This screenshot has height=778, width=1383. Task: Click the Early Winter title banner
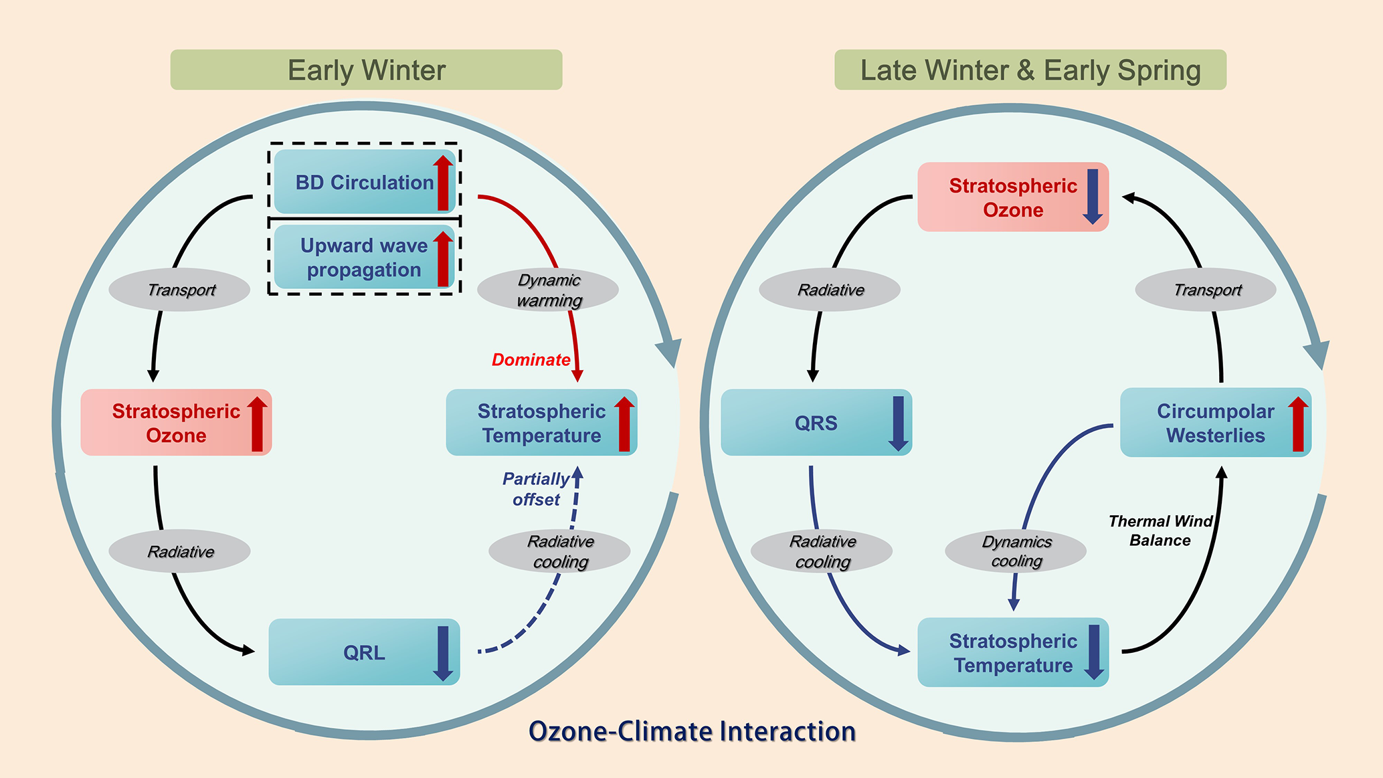coord(366,70)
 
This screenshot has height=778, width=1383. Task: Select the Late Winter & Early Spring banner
coord(1030,70)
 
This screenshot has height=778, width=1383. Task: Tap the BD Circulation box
coord(365,182)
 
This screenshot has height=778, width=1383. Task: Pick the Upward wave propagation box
coord(364,258)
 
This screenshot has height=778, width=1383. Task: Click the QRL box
coord(364,652)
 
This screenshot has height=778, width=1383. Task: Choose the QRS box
coord(816,423)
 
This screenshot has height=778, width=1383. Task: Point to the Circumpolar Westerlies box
coord(1215,423)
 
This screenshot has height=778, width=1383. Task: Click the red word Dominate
coord(531,360)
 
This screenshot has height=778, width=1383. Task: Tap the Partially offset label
coord(536,489)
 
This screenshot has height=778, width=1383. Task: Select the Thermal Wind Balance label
coord(1160,530)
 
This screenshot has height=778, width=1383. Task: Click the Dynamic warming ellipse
coord(548,290)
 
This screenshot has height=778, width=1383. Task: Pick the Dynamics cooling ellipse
coord(1016,551)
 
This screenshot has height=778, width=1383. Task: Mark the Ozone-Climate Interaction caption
coord(692,731)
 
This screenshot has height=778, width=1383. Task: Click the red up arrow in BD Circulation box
coord(443,183)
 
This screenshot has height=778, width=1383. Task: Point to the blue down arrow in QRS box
coord(898,423)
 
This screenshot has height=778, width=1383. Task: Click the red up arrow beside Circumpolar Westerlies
coord(1298,423)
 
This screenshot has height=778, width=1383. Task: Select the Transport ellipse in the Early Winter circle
coord(180,290)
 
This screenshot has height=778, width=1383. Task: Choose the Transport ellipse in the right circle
coord(1206,290)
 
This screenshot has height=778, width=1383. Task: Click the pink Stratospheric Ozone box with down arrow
coord(1012,197)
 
